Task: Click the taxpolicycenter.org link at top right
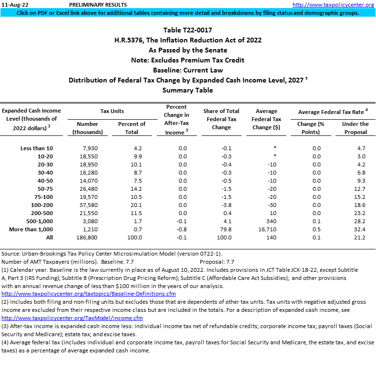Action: [x=333, y=4]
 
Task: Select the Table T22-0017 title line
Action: [x=187, y=30]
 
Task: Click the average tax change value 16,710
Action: [x=266, y=229]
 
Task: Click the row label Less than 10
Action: [x=36, y=148]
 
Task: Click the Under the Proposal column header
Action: [x=355, y=128]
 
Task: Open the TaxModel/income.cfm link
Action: [x=72, y=318]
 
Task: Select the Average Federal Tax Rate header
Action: [x=333, y=112]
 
